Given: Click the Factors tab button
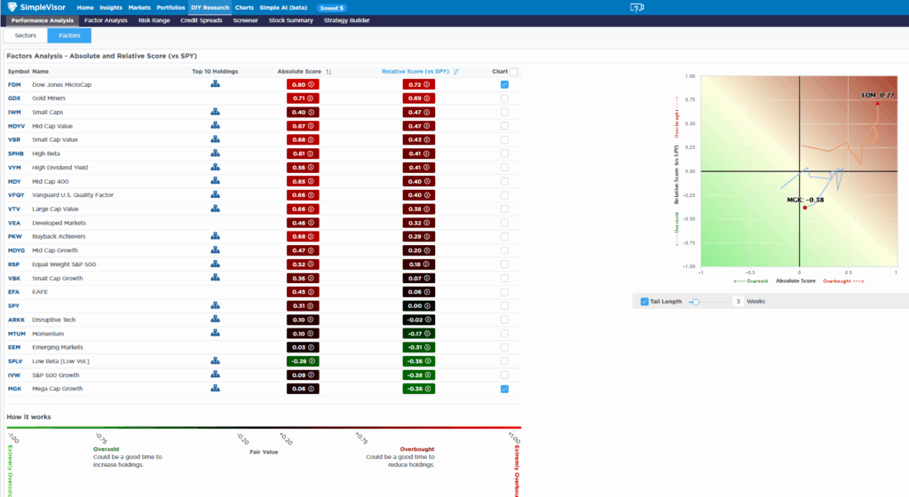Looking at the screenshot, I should [69, 36].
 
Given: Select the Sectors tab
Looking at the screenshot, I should [26, 36].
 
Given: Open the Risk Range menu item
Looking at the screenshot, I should [154, 20].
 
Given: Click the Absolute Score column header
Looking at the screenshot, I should [301, 71].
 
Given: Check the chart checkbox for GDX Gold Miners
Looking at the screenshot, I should [504, 99].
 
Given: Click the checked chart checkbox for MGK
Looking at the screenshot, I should [504, 389].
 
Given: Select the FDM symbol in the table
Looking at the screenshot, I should [14, 84].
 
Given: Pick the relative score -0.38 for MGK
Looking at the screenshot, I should [418, 389].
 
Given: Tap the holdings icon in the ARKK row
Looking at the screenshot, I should [215, 319].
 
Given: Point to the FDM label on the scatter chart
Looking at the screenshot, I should [877, 94].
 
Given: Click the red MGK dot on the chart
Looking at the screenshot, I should [804, 208].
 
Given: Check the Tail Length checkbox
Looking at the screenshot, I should [644, 302].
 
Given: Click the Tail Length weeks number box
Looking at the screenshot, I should [737, 302].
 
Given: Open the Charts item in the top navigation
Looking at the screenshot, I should [244, 7].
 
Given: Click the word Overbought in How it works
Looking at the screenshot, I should [417, 449].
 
